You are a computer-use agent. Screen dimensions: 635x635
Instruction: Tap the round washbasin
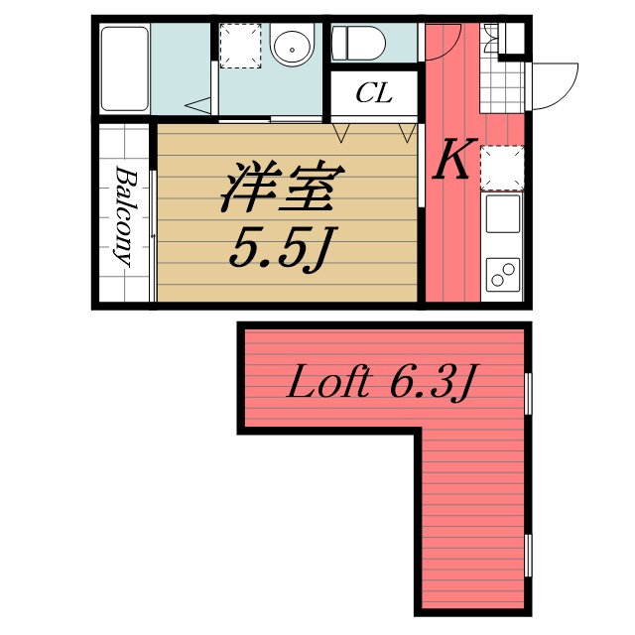point(292,46)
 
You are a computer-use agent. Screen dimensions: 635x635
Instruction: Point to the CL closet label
point(374,95)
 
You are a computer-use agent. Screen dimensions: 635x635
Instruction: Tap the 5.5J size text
point(278,250)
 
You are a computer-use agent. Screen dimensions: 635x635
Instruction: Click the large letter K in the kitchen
point(452,162)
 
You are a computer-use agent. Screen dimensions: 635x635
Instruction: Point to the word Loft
point(329,383)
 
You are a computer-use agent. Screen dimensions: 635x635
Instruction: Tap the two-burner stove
point(501,271)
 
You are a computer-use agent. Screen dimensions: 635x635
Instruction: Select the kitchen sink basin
point(501,212)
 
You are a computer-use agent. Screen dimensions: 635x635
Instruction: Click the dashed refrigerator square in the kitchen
point(501,166)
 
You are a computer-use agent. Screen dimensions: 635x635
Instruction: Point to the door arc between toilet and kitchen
point(446,42)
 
